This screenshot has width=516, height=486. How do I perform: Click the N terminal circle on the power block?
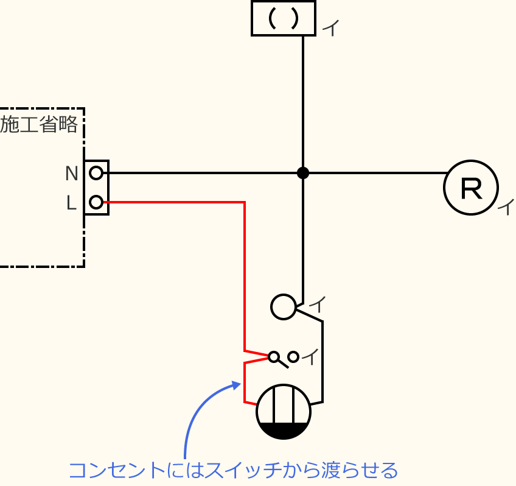(96, 173)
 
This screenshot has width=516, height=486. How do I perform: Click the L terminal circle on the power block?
(96, 202)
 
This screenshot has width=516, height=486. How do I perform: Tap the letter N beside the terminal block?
(72, 174)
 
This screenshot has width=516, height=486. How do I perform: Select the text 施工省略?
(39, 125)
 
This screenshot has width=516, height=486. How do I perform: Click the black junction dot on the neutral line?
(303, 173)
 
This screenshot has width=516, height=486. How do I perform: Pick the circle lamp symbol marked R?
(471, 188)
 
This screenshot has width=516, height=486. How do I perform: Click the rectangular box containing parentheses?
(284, 19)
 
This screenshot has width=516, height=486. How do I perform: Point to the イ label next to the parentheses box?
(330, 28)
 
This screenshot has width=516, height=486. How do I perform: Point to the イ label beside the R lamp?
(506, 206)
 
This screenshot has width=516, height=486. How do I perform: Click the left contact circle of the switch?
(274, 356)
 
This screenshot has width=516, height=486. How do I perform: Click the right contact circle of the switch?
(293, 357)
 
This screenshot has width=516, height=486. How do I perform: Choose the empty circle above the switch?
(283, 306)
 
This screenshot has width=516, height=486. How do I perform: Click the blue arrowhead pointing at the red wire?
(236, 386)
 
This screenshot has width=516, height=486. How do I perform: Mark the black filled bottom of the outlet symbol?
(284, 431)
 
